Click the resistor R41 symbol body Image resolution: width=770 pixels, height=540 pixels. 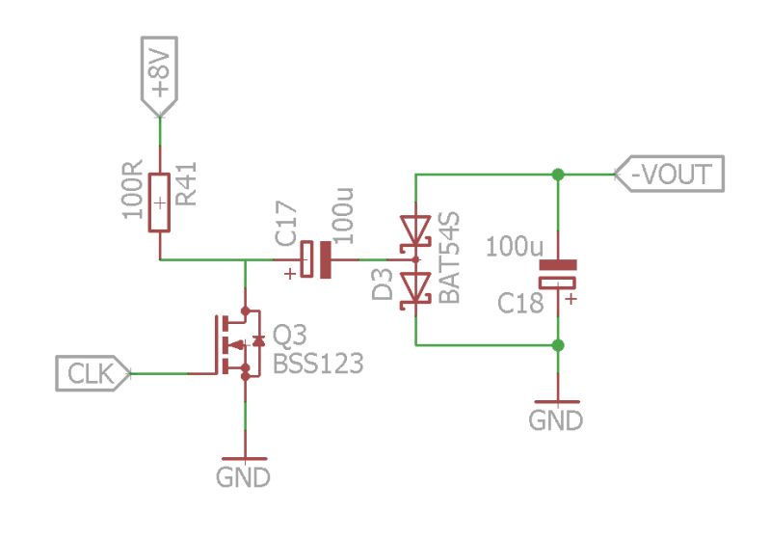click(x=159, y=203)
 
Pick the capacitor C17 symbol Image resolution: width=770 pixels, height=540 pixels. click(x=317, y=259)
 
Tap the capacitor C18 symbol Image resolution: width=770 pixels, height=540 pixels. click(x=557, y=273)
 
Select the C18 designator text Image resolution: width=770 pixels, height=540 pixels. click(x=521, y=303)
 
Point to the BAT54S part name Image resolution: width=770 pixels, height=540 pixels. click(x=449, y=259)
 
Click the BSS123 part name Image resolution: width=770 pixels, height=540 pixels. click(x=318, y=364)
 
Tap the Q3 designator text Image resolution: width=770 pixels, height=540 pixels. click(x=290, y=336)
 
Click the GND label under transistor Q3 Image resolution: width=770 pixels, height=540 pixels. click(x=243, y=476)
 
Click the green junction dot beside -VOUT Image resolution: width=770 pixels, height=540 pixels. click(x=557, y=175)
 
